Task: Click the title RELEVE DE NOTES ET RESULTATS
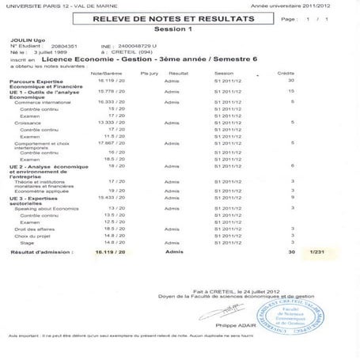coord(168,17)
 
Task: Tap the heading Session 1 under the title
coord(168,28)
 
